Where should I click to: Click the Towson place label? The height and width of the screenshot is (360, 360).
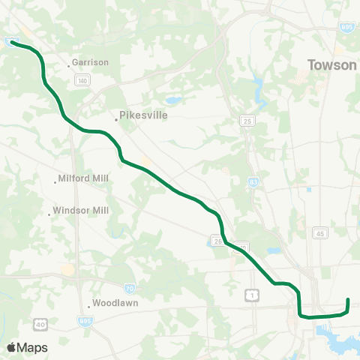pos(332,65)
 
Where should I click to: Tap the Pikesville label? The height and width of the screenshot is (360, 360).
pos(144,116)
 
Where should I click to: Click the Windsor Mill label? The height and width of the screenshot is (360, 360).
pos(81,211)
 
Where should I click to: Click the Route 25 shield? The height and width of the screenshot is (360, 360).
pos(247,121)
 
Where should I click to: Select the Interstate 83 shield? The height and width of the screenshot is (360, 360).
pos(255,181)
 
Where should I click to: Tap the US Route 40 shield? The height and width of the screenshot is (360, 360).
pos(39,324)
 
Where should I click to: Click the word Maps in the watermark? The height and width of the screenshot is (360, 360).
pos(32,347)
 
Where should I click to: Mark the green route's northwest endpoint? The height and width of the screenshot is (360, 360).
pos(13,43)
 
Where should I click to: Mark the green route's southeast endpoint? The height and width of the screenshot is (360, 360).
pos(348,301)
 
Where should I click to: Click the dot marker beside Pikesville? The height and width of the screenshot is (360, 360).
pos(117,118)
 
